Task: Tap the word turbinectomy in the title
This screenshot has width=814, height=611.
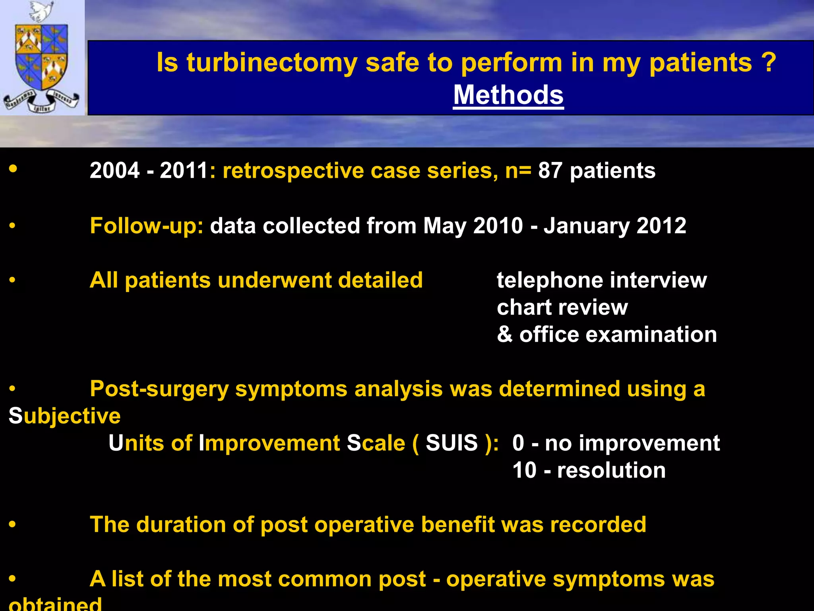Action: click(272, 63)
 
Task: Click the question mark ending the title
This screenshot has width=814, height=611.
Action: click(769, 62)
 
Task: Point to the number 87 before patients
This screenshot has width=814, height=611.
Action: click(550, 171)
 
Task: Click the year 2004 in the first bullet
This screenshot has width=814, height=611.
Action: click(114, 171)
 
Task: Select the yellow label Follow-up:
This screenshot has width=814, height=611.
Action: click(147, 226)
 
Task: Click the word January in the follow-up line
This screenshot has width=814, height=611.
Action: click(586, 226)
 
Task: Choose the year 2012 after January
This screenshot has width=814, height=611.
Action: click(661, 226)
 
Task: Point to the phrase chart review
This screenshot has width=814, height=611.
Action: click(562, 307)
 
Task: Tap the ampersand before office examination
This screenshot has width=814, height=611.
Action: click(504, 334)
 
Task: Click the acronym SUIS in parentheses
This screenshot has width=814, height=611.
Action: click(452, 443)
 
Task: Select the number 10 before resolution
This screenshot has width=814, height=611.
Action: click(524, 470)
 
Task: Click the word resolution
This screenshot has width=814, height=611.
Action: click(611, 470)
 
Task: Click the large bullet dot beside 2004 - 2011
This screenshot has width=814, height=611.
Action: click(13, 168)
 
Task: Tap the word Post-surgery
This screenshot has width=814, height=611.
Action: click(159, 389)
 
